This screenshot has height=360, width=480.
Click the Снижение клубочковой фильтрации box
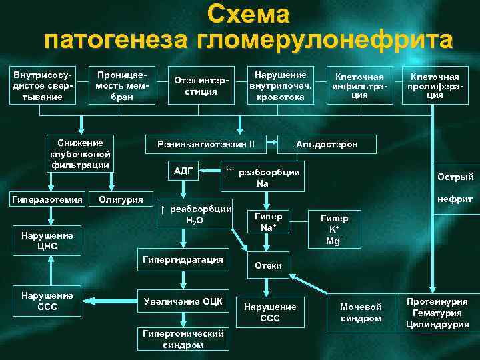pyautogui.click(x=80, y=153)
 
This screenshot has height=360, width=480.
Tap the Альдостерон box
pyautogui.click(x=327, y=144)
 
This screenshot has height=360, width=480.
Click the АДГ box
pyautogui.click(x=183, y=171)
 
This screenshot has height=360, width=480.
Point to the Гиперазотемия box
pyautogui.click(x=46, y=199)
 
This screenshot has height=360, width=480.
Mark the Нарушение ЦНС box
pyautogui.click(x=47, y=241)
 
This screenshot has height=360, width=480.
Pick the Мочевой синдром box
pyautogui.click(x=361, y=312)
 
